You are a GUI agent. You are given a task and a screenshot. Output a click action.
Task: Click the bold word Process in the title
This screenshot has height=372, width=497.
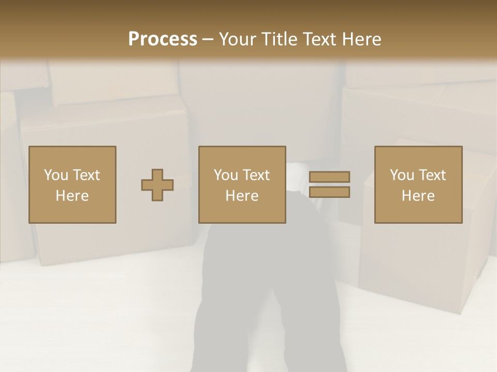(x=163, y=39)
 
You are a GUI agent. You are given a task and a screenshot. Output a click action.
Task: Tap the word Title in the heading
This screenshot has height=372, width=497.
(x=279, y=39)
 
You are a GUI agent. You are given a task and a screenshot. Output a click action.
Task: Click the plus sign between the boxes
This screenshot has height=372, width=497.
(x=157, y=184)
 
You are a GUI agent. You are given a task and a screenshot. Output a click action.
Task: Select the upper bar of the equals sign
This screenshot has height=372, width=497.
(x=329, y=177)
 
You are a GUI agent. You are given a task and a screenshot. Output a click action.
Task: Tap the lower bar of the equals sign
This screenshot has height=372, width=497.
(x=329, y=192)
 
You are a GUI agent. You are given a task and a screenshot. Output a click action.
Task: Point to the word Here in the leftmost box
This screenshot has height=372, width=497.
(x=72, y=196)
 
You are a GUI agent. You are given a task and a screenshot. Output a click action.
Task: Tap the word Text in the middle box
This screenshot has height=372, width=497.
(x=256, y=175)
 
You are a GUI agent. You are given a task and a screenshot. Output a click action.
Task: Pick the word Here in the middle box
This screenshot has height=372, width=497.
(x=242, y=196)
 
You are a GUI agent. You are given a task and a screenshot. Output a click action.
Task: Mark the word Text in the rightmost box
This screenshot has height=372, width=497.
(x=432, y=175)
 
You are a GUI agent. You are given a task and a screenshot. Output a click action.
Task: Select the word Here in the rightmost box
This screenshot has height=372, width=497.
(x=418, y=196)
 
